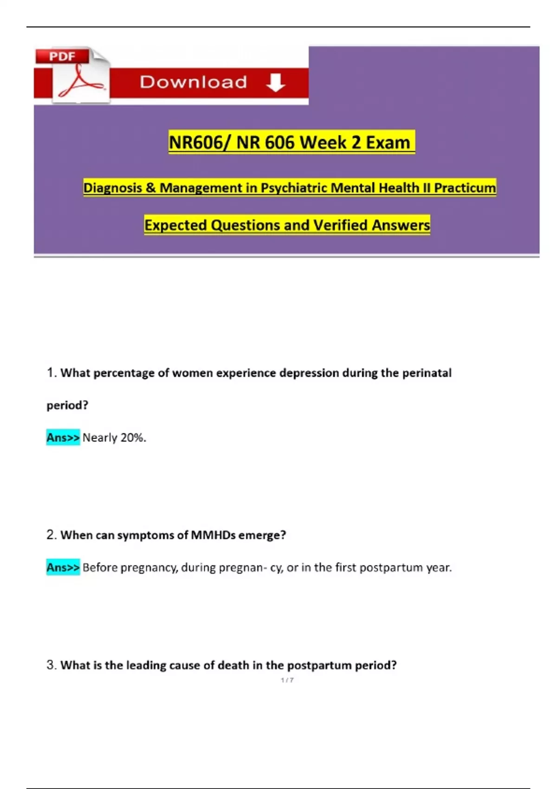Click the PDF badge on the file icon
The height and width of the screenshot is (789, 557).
coord(62,57)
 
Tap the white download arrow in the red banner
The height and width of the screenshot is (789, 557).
coord(275,82)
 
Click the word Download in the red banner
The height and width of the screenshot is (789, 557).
coord(193,82)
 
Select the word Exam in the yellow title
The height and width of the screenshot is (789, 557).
coord(388,142)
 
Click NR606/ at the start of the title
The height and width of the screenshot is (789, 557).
coord(199,142)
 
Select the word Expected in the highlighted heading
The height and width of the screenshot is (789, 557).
coord(175,225)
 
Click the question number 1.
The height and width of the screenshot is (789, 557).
coord(52,373)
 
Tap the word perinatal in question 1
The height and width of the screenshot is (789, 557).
coord(427,373)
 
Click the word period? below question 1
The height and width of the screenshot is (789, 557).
coord(67,405)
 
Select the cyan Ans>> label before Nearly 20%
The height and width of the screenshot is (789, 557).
coord(63,437)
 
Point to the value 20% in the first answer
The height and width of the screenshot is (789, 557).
coord(133,438)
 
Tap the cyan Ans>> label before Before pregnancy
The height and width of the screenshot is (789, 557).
coord(63,567)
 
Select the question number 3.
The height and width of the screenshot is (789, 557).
coord(52,665)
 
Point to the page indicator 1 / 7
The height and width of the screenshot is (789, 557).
coord(287,680)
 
